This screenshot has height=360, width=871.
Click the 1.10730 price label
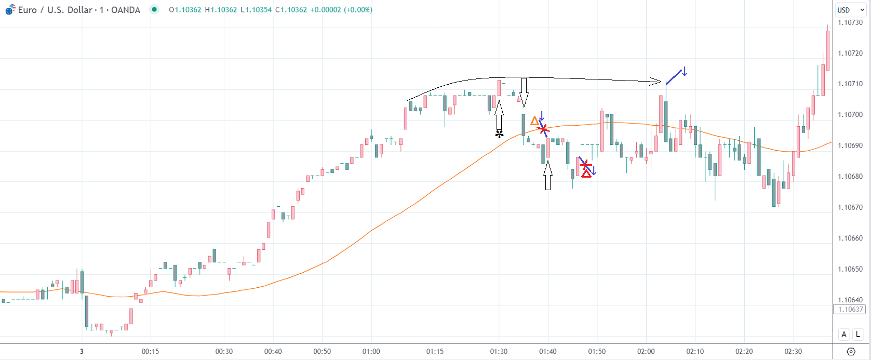coord(850,22)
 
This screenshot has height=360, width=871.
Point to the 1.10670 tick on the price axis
coord(850,207)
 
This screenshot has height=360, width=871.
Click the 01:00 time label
coord(371,352)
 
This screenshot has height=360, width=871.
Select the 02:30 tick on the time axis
coord(793,352)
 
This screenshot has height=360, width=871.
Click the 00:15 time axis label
coord(150,352)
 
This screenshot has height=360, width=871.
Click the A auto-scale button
coord(844,335)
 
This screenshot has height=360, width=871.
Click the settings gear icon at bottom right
coord(851,352)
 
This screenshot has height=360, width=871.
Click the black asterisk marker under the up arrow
coord(499,135)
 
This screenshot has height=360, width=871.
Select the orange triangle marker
coord(534,121)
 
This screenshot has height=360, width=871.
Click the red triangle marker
coord(586,174)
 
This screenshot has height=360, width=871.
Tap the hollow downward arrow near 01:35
coord(524,92)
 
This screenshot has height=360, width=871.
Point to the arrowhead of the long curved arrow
coord(659,81)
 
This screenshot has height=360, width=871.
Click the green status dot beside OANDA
coord(154,9)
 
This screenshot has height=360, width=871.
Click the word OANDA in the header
coord(126,10)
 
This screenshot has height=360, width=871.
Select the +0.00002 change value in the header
coord(326,10)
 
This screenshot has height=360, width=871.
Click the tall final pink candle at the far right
coord(827,50)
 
